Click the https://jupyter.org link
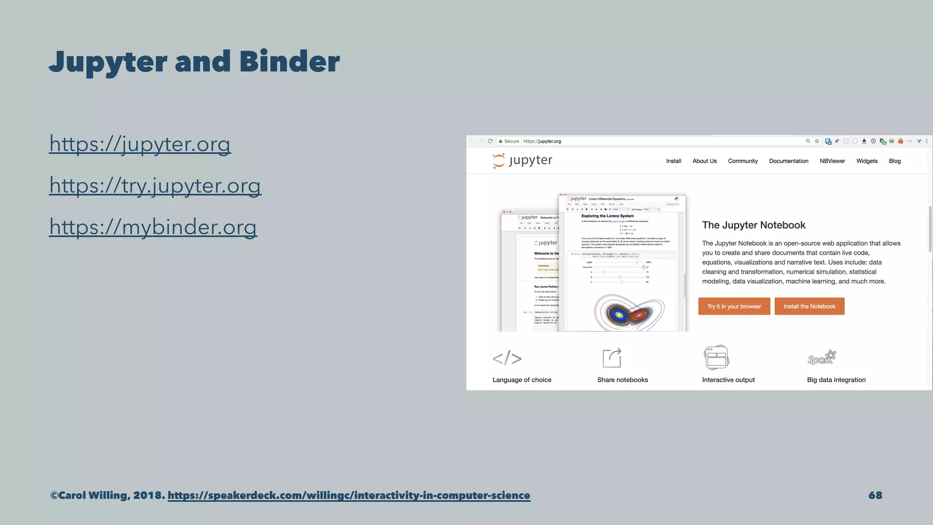click(140, 144)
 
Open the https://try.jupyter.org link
click(155, 185)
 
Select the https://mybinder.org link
click(153, 227)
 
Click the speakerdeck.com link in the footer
click(349, 495)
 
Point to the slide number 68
click(875, 495)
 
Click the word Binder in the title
click(289, 62)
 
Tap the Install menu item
click(673, 161)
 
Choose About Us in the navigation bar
click(704, 161)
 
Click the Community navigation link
click(743, 161)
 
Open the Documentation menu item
click(789, 161)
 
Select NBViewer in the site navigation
click(832, 161)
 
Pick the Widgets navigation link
click(866, 161)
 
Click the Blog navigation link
click(895, 161)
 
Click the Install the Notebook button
click(809, 306)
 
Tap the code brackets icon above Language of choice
click(507, 358)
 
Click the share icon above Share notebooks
click(612, 358)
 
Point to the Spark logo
click(821, 358)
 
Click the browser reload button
click(490, 141)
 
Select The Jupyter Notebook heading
click(754, 225)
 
